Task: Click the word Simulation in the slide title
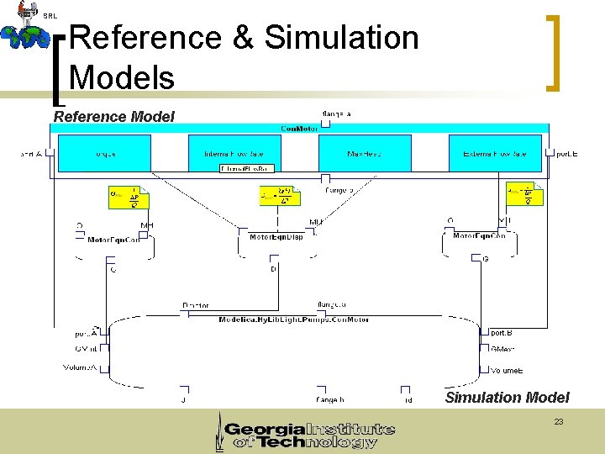[x=341, y=38]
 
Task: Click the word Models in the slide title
[x=123, y=77]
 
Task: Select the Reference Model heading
[x=114, y=117]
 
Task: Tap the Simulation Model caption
[x=507, y=398]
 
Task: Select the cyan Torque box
[x=104, y=154]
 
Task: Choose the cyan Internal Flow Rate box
[x=234, y=154]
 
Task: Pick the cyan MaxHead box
[x=364, y=154]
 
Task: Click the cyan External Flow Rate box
[x=494, y=154]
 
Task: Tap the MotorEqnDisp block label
[x=276, y=237]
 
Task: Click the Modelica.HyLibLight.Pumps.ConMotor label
[x=293, y=319]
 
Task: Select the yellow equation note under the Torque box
[x=129, y=198]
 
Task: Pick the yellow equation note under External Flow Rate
[x=524, y=195]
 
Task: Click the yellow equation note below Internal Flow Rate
[x=280, y=196]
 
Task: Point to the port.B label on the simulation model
[x=499, y=333]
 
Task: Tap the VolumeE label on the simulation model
[x=507, y=370]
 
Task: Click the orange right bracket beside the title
[x=552, y=51]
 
